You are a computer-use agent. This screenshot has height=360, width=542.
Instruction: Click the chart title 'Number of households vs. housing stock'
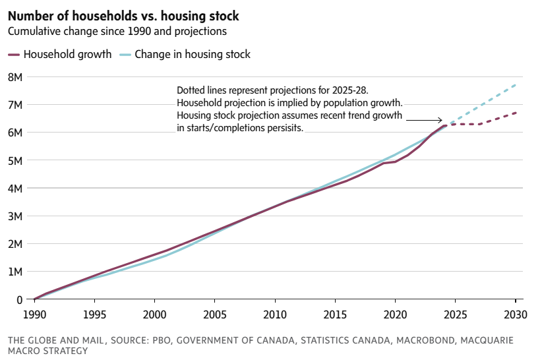pos(123,15)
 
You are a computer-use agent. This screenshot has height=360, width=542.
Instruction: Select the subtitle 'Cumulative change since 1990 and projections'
pos(117,31)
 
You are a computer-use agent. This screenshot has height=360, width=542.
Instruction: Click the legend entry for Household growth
pos(60,55)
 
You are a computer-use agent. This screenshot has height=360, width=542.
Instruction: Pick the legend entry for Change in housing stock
pos(185,55)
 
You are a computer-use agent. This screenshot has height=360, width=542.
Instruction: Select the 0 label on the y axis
pos(20,300)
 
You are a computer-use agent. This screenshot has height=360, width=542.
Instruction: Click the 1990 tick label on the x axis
pos(34,314)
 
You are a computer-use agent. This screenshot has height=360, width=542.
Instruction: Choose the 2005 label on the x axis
pos(214,314)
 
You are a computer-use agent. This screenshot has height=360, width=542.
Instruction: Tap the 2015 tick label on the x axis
pos(335,314)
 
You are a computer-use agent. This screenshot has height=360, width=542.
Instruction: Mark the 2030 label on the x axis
pos(515,314)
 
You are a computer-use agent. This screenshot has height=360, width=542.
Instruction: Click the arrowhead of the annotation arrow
pos(440,120)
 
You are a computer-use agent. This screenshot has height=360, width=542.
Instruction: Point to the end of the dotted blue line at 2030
pos(515,85)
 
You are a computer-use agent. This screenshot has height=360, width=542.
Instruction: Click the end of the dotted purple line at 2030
pos(515,113)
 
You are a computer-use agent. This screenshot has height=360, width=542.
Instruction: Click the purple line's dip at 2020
pos(395,162)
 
